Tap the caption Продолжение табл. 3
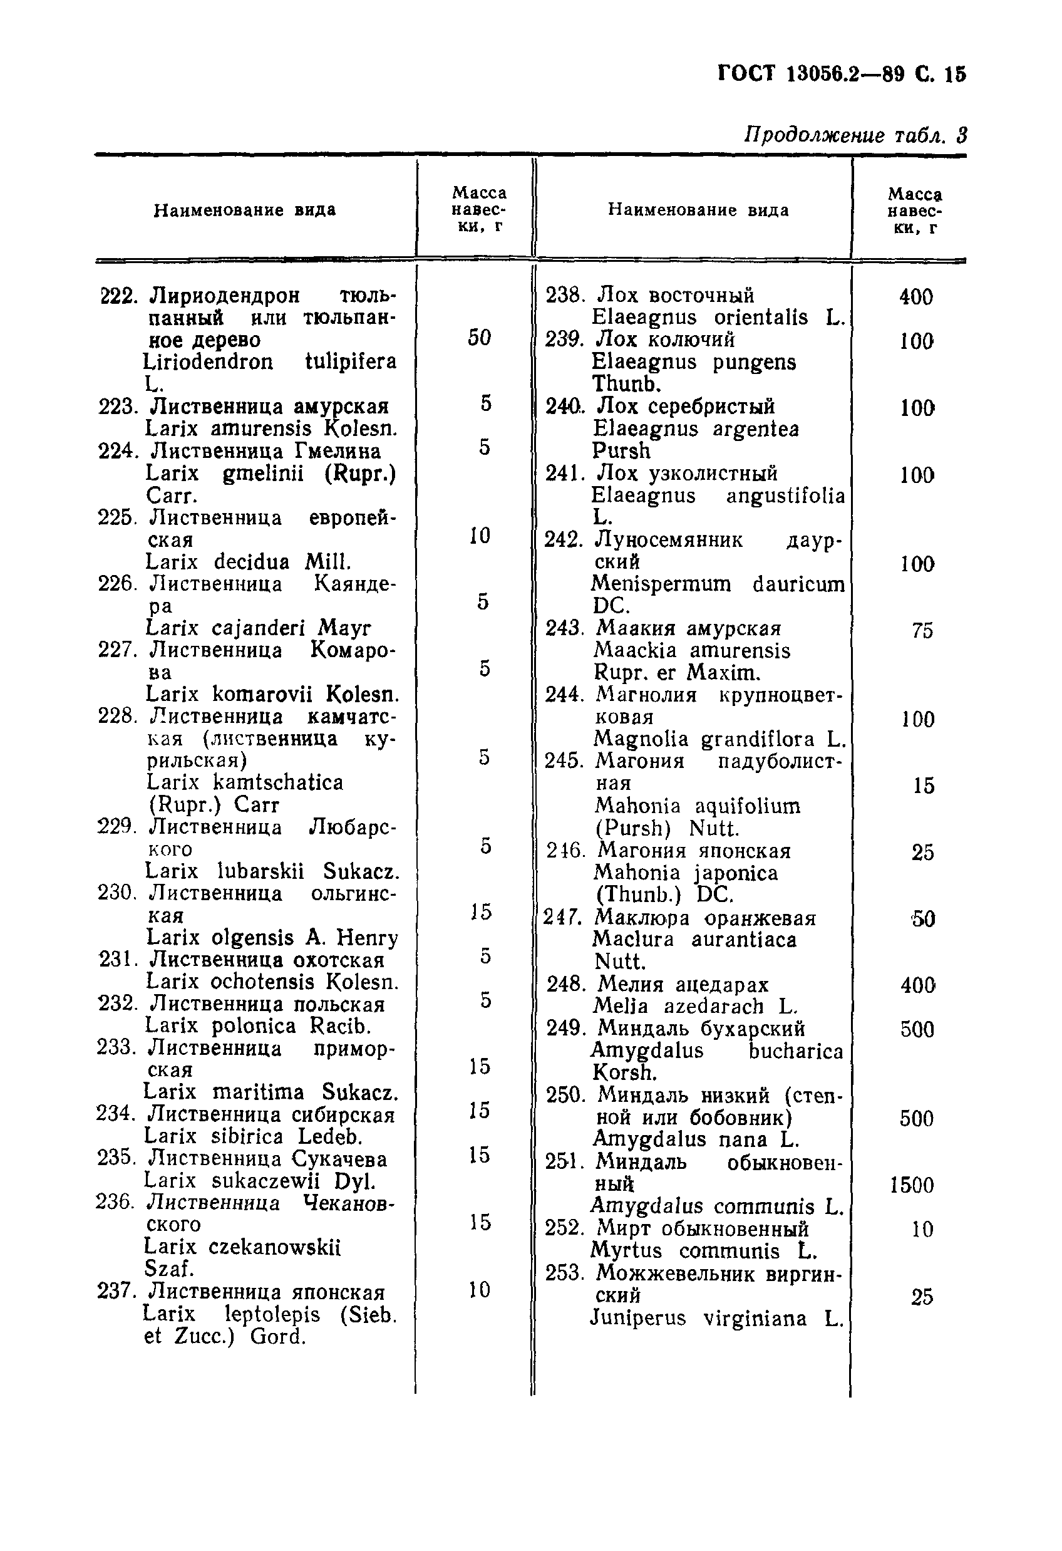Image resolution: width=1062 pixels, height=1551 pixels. [x=855, y=135]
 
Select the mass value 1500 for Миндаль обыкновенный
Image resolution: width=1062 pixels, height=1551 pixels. [x=912, y=1185]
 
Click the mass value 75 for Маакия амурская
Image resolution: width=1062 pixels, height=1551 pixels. [x=922, y=631]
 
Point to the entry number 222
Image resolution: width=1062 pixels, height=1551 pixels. [x=118, y=296]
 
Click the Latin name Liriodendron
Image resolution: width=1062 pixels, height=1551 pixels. [x=208, y=361]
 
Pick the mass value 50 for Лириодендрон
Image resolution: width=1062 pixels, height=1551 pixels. [x=479, y=338]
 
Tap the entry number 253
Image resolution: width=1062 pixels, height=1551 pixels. [x=564, y=1274]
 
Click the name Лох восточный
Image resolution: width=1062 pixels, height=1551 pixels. [x=675, y=295]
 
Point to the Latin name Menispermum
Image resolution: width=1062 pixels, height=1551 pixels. [x=661, y=584]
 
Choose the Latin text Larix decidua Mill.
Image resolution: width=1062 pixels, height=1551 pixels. [x=248, y=562]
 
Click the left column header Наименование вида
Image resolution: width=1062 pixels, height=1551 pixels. [x=245, y=211]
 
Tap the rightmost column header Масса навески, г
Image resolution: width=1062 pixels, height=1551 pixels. [x=915, y=211]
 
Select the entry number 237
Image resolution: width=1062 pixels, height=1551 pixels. [x=116, y=1292]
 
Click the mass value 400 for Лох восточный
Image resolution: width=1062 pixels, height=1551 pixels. [x=916, y=297]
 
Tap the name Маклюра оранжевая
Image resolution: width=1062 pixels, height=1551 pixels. [x=706, y=918]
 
